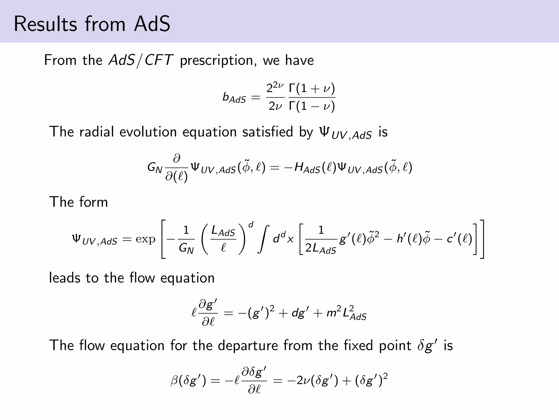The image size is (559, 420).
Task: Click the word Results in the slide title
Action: point(45,24)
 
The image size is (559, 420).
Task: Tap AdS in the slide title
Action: point(152,24)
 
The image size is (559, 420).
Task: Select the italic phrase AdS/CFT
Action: point(141,60)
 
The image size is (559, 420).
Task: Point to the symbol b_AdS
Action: point(234,98)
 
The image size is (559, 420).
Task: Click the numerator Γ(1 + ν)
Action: point(312,88)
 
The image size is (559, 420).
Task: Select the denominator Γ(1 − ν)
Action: point(312,106)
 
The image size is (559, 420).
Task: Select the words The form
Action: point(79,202)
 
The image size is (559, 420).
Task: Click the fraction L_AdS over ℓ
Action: point(223,240)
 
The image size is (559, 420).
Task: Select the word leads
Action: point(64,278)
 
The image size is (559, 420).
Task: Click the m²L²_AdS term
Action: point(346,313)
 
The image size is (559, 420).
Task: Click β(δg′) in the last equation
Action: point(188,380)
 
